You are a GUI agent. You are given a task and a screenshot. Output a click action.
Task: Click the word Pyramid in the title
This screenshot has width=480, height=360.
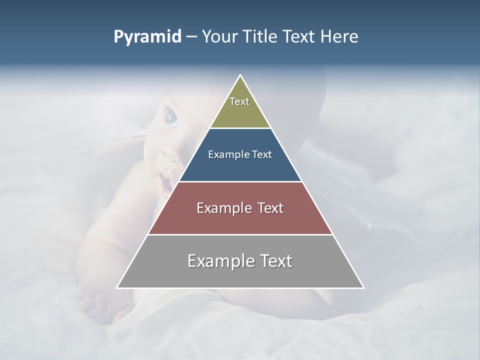pyautogui.click(x=147, y=37)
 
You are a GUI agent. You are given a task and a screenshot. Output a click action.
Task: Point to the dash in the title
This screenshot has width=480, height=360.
pyautogui.click(x=191, y=37)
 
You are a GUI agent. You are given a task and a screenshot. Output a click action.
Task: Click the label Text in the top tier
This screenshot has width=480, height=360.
pyautogui.click(x=239, y=101)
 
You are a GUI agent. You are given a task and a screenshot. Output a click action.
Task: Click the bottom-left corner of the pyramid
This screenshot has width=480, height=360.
pyautogui.click(x=117, y=287)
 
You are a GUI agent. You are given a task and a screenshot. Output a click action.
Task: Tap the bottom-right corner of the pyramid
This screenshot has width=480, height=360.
pyautogui.click(x=363, y=287)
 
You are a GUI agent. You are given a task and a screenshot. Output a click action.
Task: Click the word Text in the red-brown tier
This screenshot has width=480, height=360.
pyautogui.click(x=268, y=208)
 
